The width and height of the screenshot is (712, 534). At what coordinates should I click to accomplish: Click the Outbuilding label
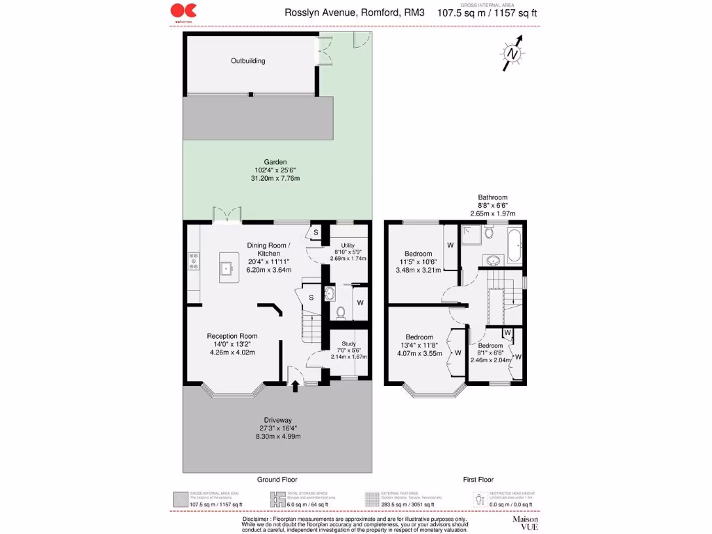(248, 61)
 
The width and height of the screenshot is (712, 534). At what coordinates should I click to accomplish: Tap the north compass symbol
(512, 54)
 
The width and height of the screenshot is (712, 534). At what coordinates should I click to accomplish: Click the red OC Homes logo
(184, 10)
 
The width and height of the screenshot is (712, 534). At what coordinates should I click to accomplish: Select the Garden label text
(275, 162)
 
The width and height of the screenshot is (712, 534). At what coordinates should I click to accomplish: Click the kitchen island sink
(227, 268)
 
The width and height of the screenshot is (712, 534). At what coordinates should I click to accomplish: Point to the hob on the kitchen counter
(193, 261)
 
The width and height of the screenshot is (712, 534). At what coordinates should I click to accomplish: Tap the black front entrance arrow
(295, 385)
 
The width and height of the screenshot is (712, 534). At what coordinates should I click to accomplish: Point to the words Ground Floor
(277, 480)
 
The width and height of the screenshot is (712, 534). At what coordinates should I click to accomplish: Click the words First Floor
(478, 480)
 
